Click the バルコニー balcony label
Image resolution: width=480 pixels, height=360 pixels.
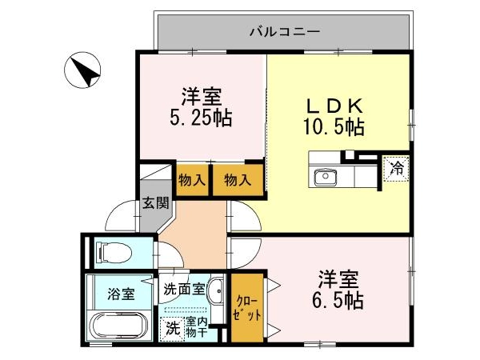pos(285,31)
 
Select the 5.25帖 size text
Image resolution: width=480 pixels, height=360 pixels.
pos(201,118)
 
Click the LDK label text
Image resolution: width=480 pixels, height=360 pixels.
pos(335,106)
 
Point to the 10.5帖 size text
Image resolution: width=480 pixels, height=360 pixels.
pos(334,126)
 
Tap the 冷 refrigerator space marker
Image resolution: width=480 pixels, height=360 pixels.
pos(397,168)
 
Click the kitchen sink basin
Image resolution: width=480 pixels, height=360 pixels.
pos(326,177)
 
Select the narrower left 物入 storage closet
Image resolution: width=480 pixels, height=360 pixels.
pos(192,180)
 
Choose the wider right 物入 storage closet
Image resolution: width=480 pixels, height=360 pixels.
pos(238,180)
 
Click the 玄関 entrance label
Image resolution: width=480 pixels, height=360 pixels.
pos(156,202)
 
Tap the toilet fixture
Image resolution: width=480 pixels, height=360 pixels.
pos(114,253)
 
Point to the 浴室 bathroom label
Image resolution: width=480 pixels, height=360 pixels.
pos(121,294)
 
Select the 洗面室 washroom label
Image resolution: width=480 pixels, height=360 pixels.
pos(184,289)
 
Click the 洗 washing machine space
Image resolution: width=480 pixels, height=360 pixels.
pos(172,329)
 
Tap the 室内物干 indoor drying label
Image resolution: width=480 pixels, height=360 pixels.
pos(197,327)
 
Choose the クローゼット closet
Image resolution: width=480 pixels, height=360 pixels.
pos(247,308)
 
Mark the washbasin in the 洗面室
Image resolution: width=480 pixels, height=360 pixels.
pos(217,291)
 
